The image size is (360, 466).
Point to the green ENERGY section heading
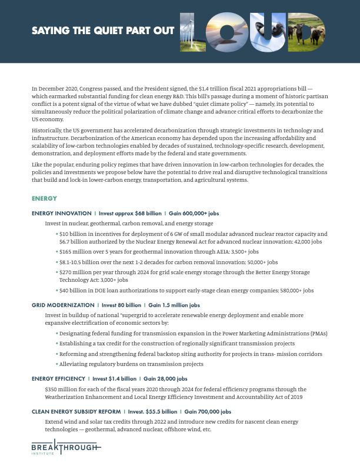(x=44, y=198)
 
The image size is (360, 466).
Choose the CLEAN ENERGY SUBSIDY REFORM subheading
(x=75, y=412)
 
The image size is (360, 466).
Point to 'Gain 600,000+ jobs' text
(x=194, y=213)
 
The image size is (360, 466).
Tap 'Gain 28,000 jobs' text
(x=165, y=379)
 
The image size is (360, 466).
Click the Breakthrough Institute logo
(x=66, y=449)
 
